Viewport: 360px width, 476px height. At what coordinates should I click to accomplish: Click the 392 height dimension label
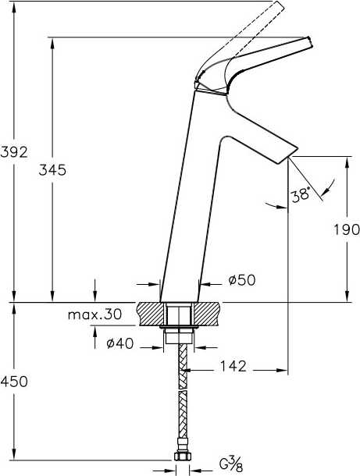14,152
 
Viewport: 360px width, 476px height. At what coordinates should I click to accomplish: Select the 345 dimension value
52,170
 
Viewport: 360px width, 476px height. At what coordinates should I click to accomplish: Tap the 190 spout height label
347,229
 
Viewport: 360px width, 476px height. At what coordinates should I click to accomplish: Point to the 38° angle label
301,194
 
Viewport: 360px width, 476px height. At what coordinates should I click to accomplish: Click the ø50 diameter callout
242,280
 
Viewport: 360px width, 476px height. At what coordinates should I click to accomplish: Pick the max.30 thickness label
94,314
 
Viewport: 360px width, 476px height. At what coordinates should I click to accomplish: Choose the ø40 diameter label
119,343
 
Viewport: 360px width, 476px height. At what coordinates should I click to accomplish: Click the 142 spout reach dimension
233,367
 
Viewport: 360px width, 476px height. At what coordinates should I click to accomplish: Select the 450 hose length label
14,382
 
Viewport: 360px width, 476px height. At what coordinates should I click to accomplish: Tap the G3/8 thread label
231,464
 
